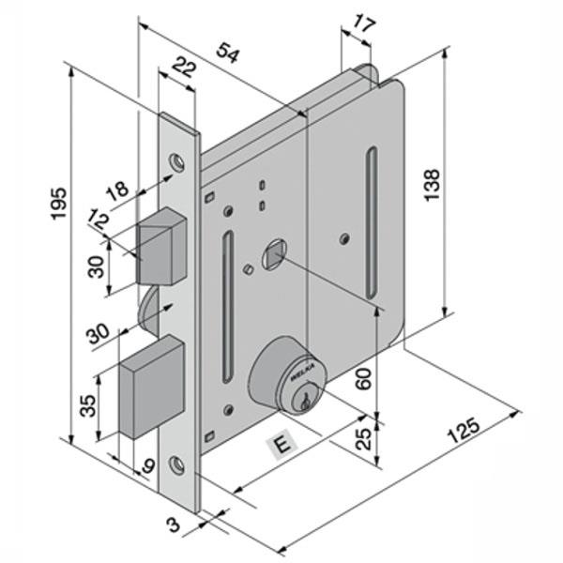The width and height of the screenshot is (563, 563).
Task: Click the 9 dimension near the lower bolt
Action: coord(149,463)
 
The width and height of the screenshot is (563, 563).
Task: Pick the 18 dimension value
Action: coord(117,191)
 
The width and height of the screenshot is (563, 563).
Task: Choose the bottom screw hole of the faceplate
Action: coord(178,462)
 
